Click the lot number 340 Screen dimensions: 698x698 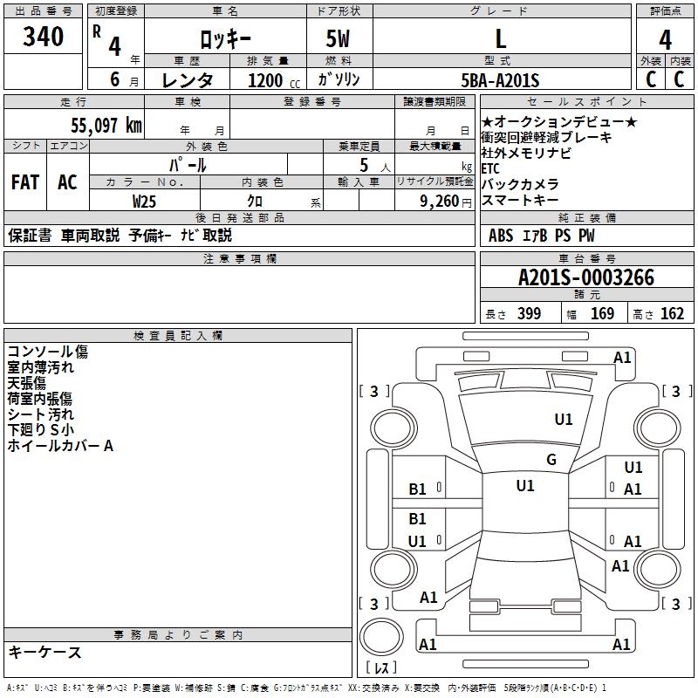(44, 38)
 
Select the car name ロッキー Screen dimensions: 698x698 (225, 39)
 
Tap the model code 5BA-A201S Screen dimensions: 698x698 (500, 80)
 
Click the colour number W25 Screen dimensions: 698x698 (145, 200)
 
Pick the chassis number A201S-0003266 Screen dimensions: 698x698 (585, 277)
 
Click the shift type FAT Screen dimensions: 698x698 (24, 182)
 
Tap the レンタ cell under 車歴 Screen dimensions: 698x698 (188, 80)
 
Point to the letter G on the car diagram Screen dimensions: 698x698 (551, 460)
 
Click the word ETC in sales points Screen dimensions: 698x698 (491, 168)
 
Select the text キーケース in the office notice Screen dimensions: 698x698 (44, 653)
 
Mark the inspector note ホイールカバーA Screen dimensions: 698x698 (60, 446)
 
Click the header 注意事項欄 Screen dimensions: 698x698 (239, 258)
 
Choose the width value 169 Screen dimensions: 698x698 (602, 313)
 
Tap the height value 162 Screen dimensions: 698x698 (672, 313)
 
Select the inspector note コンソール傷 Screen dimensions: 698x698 (47, 352)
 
